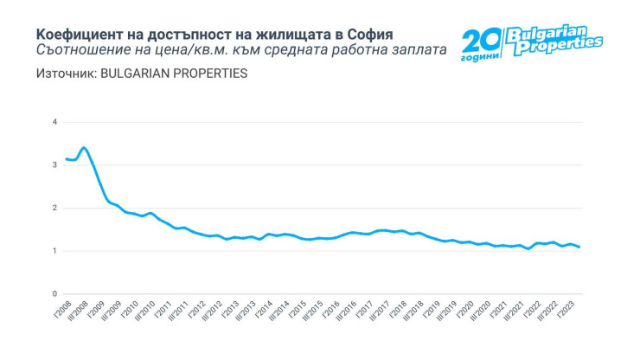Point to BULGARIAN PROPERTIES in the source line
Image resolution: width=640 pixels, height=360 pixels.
click(174, 73)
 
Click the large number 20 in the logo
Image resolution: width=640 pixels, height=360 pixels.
click(481, 41)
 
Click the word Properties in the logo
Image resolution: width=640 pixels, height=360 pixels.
click(558, 46)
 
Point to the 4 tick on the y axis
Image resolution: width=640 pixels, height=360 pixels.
click(54, 122)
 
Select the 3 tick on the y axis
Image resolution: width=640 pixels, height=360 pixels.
click(54, 165)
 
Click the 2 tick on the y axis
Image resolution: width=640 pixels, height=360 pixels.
click(54, 209)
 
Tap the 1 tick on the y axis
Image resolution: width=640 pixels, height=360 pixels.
click(54, 252)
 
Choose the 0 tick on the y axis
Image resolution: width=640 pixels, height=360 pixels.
click(54, 295)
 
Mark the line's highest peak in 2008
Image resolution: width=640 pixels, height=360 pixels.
click(83, 148)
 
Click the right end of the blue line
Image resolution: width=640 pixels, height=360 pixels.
click(579, 247)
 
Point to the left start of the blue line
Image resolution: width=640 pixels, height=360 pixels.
click(66, 159)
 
